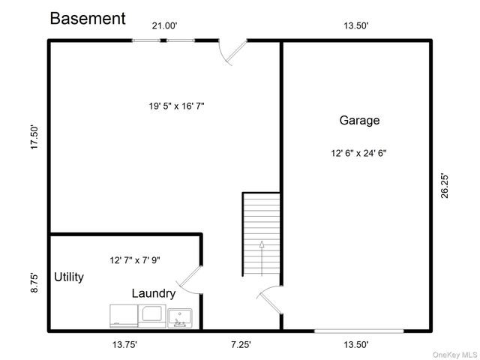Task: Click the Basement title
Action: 88,18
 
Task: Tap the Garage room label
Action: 359,120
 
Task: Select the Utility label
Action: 69,277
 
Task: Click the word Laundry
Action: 154,293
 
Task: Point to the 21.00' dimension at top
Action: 165,25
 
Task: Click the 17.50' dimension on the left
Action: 34,137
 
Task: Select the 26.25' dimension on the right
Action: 445,186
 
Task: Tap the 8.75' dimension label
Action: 34,283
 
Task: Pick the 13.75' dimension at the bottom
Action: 124,345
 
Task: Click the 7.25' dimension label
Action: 241,345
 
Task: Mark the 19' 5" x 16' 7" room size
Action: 177,106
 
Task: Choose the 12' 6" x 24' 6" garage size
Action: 358,153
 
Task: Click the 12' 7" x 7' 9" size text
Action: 135,260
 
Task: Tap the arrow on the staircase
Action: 262,258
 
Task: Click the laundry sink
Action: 180,318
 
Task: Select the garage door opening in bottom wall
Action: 358,331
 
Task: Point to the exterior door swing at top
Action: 232,52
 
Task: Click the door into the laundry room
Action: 190,280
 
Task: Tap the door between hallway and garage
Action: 270,300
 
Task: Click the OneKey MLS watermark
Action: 455,355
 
